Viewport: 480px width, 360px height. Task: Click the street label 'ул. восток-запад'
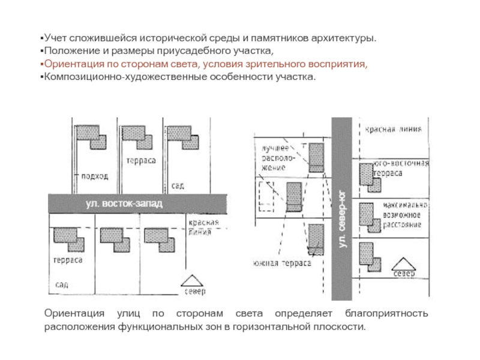click(124, 204)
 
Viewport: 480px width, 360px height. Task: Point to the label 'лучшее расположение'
click(275, 158)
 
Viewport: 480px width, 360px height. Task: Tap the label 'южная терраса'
click(281, 263)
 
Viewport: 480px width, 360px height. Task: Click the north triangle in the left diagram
click(193, 281)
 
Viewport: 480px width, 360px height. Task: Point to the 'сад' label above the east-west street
click(177, 186)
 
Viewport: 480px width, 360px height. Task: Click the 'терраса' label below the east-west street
click(67, 260)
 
